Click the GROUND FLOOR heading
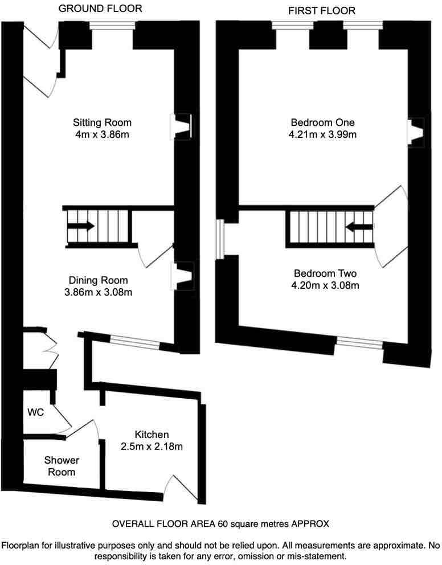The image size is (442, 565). pyautogui.click(x=100, y=9)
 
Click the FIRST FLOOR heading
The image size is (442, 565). pyautogui.click(x=322, y=10)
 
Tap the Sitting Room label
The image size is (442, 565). pyautogui.click(x=103, y=122)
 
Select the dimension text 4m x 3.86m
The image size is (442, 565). pyautogui.click(x=103, y=134)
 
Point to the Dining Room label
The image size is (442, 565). pyautogui.click(x=99, y=280)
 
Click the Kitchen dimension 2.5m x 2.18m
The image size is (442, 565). pyautogui.click(x=152, y=447)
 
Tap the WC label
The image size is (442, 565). pyautogui.click(x=36, y=411)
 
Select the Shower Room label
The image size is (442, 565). pyautogui.click(x=63, y=466)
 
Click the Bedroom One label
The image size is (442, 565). pyautogui.click(x=322, y=122)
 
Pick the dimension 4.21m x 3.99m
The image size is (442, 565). pyautogui.click(x=322, y=135)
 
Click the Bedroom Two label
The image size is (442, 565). pyautogui.click(x=322, y=273)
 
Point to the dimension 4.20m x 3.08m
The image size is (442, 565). pyautogui.click(x=322, y=285)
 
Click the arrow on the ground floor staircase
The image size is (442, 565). pyautogui.click(x=81, y=227)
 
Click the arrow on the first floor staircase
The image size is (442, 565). pyautogui.click(x=357, y=227)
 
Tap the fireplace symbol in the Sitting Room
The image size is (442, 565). pyautogui.click(x=182, y=126)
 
